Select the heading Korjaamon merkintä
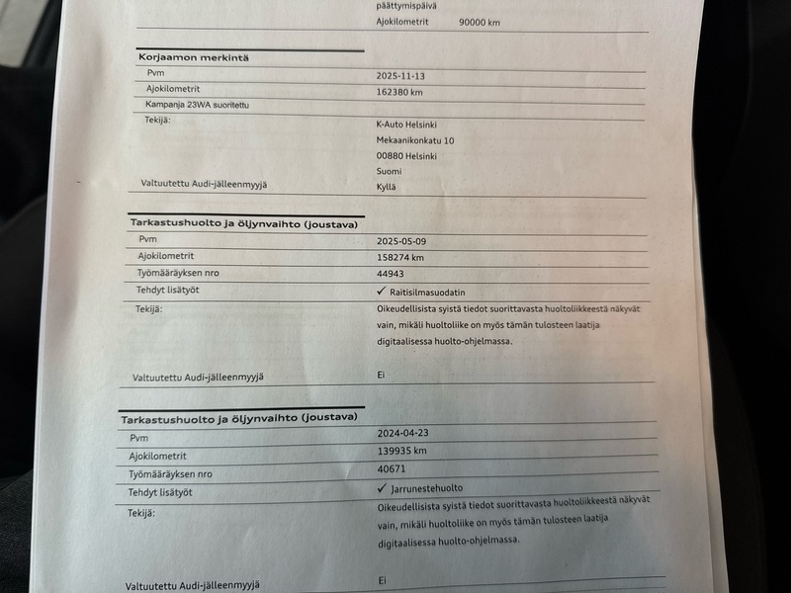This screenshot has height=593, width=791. pos(194,57)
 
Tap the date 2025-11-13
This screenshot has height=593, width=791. pos(400,75)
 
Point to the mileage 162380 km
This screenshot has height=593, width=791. pos(400,92)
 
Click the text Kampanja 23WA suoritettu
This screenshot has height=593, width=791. pos(198,104)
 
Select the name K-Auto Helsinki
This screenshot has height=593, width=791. pos(406,125)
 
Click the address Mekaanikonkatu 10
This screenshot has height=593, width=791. pos(415,140)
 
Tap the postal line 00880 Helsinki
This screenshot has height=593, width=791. pos(406,156)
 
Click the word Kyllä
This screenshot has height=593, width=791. pos(387,186)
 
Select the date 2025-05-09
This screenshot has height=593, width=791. pos(401,241)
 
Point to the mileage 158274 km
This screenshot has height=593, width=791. pos(400,258)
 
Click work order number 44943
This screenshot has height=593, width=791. pos(392,275)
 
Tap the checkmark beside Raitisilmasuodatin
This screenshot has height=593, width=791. pos(381,292)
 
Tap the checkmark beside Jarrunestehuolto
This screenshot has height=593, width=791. pos(381,487)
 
